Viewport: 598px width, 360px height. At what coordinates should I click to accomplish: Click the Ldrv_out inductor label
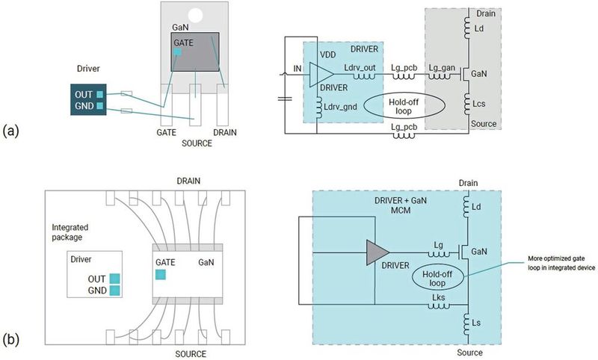tap(360, 68)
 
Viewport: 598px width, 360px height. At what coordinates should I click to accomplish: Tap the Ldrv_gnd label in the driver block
tap(340, 107)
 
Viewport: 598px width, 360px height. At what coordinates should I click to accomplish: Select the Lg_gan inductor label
tap(442, 68)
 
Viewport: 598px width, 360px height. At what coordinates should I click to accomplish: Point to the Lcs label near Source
tap(478, 104)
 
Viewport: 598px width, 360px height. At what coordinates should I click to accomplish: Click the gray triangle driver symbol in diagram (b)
tap(377, 252)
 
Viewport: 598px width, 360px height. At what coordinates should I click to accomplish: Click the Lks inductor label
tap(438, 297)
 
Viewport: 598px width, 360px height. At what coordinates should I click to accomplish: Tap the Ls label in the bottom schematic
tap(476, 323)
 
